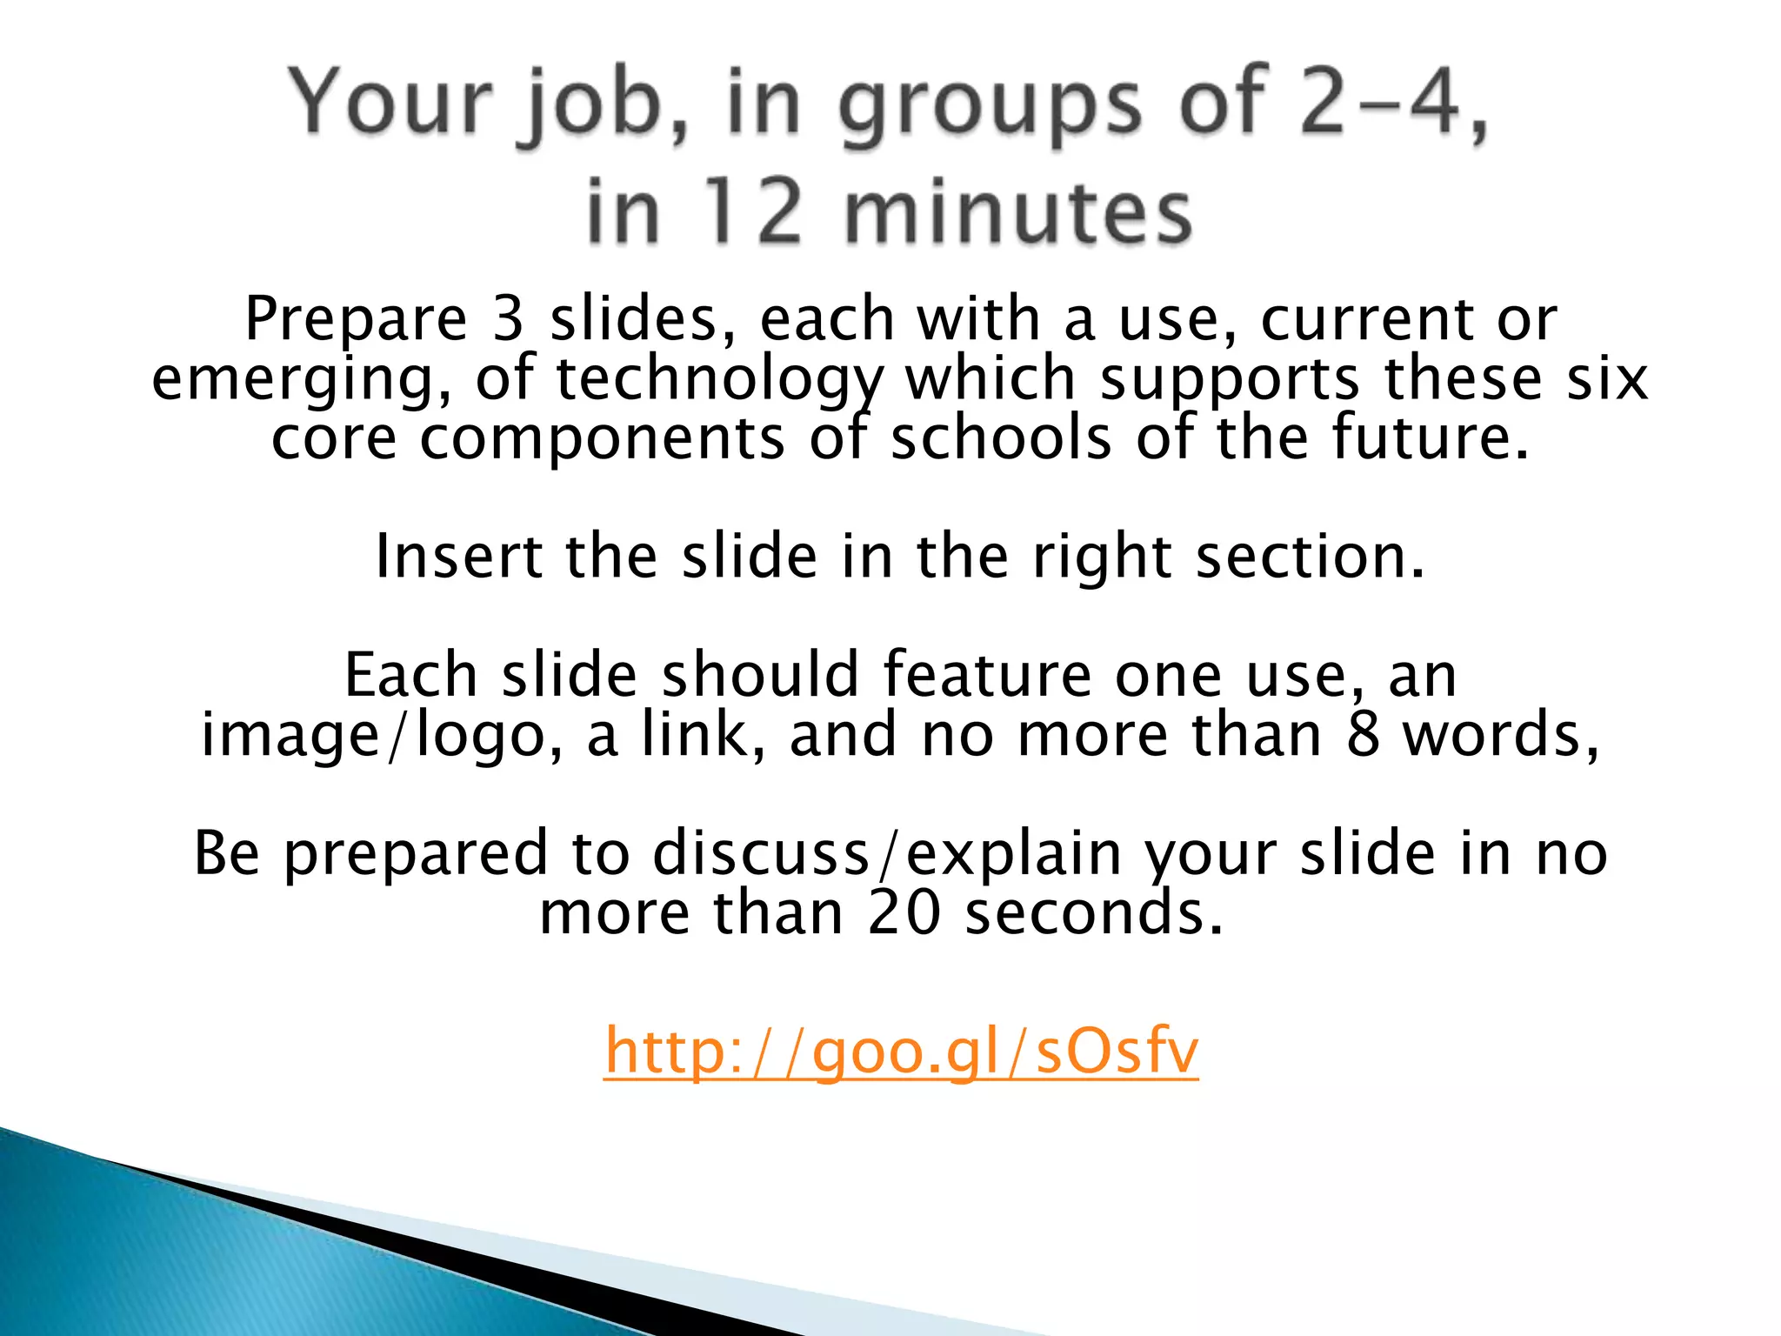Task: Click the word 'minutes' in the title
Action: (1018, 212)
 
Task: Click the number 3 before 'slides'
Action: (508, 318)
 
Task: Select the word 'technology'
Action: (719, 380)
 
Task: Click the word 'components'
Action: (603, 439)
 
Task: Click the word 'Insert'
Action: (458, 557)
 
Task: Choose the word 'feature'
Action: (987, 675)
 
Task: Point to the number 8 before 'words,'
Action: (1364, 734)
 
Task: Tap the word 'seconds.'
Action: (1094, 913)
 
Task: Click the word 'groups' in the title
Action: (989, 106)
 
